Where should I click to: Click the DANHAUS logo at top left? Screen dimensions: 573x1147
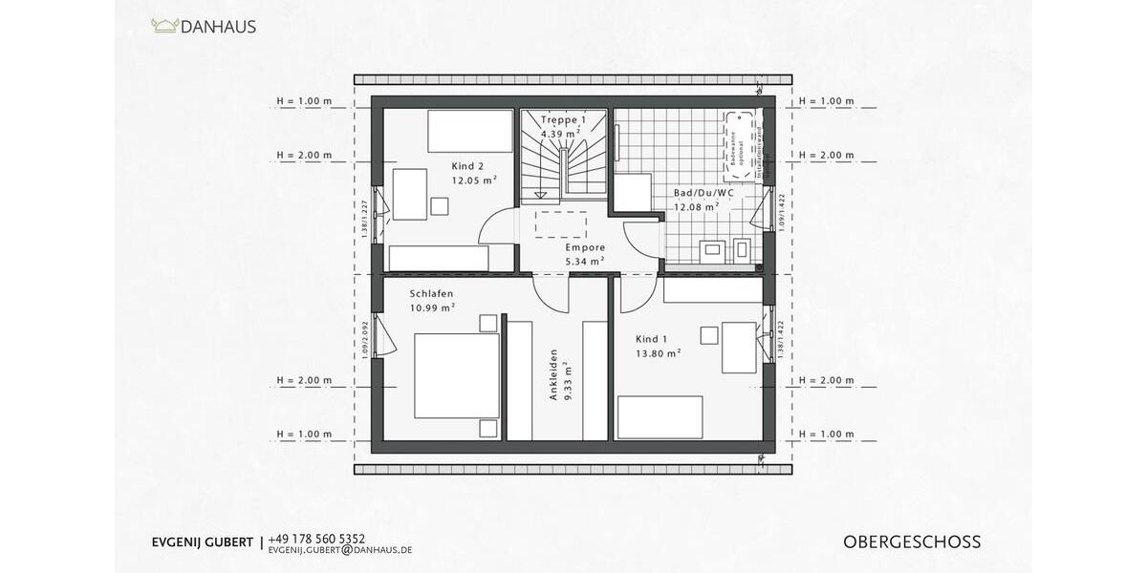click(204, 27)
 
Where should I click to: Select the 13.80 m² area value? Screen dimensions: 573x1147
click(658, 352)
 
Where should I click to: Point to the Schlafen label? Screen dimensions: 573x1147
click(431, 293)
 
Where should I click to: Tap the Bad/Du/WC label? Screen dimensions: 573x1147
click(703, 192)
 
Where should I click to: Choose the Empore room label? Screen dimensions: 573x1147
click(585, 246)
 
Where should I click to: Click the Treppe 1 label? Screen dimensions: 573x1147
click(562, 120)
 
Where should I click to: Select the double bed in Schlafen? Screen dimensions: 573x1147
click(457, 374)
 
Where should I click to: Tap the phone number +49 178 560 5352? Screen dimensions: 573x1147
click(317, 539)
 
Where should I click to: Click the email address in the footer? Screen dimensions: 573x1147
click(340, 551)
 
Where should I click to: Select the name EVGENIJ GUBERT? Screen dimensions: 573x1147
click(203, 542)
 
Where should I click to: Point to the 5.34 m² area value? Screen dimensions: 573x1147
click(585, 261)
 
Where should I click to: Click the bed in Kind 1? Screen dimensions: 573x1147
click(660, 417)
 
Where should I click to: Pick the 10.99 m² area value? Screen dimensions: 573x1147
click(432, 308)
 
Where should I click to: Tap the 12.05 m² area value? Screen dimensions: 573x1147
click(474, 180)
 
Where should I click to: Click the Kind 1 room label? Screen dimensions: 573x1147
click(653, 339)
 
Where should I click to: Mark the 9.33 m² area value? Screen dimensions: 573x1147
click(568, 379)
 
